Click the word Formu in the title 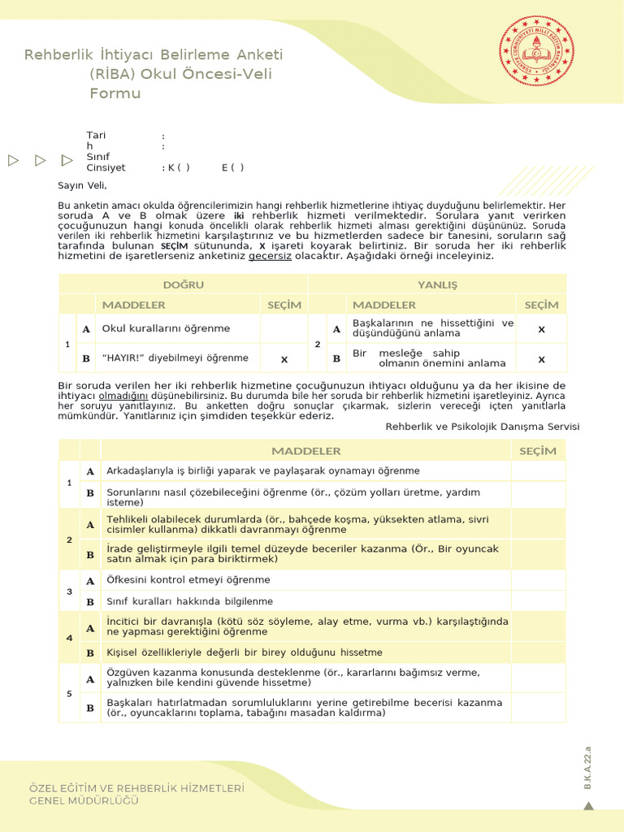(x=115, y=93)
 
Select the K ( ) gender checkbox (x=179, y=167)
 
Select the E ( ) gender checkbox (x=232, y=167)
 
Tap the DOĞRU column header (x=184, y=284)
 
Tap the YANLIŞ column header (x=438, y=284)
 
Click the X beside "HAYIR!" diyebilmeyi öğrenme (x=284, y=358)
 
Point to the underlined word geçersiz (x=270, y=256)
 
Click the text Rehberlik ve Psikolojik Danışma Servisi (x=483, y=426)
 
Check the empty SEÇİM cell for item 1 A (x=538, y=471)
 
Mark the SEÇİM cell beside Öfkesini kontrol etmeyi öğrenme (x=538, y=580)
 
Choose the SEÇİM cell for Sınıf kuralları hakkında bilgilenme (x=538, y=601)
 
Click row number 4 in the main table (x=69, y=637)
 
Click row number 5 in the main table (x=69, y=693)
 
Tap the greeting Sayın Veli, (x=82, y=186)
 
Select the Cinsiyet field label (x=106, y=167)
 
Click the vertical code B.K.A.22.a (x=588, y=765)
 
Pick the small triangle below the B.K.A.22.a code (x=589, y=805)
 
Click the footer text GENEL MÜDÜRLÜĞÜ (x=84, y=800)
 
